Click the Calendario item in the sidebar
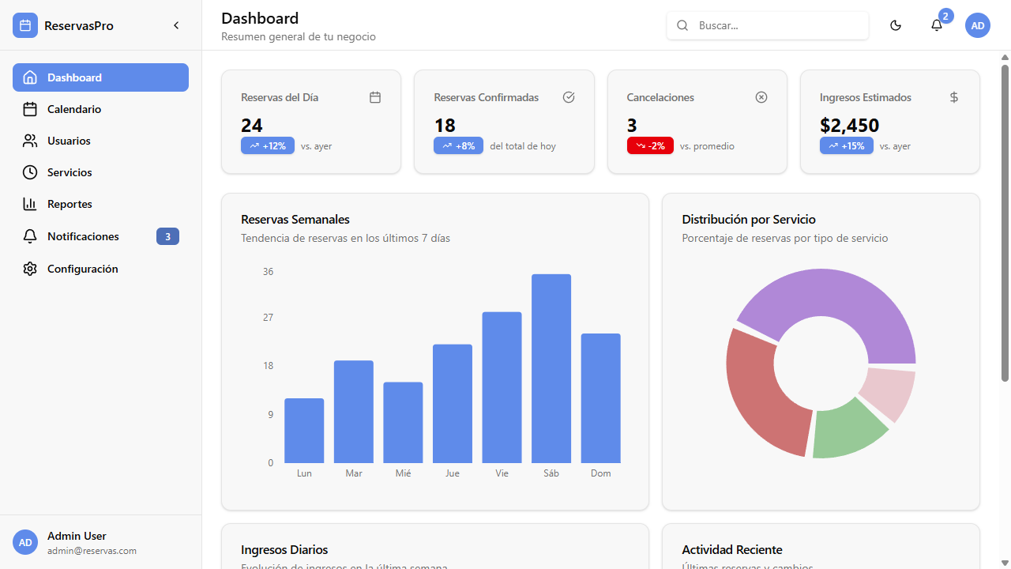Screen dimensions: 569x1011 coord(74,109)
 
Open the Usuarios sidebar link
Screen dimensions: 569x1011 coord(69,141)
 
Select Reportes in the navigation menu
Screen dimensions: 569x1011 coord(70,204)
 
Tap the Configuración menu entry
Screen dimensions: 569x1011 coord(82,269)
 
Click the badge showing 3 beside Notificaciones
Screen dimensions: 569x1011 coord(167,236)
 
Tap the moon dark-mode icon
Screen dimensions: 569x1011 coord(896,25)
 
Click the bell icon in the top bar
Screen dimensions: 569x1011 coord(937,25)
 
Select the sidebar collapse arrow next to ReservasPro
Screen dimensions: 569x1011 coord(176,25)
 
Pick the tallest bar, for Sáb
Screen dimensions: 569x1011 coord(551,368)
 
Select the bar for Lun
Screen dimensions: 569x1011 coord(304,431)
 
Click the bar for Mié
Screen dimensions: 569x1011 coord(403,422)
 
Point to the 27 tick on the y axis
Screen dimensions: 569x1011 coord(269,318)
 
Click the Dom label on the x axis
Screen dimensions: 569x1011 coord(601,473)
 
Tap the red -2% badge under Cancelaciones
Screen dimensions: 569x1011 coord(650,146)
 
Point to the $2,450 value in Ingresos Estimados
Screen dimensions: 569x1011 coord(849,125)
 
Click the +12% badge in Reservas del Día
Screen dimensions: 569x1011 coord(268,146)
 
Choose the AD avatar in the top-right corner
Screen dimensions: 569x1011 coord(978,25)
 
